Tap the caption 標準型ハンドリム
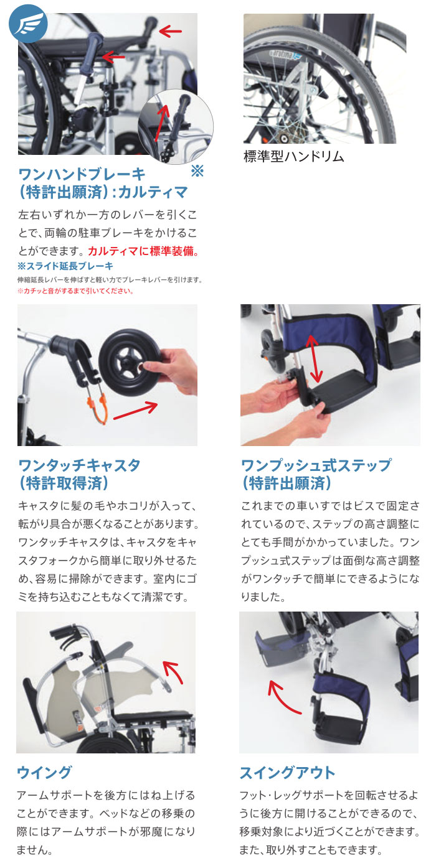pyautogui.click(x=293, y=156)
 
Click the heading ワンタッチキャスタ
pyautogui.click(x=79, y=465)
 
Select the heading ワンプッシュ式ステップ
pyautogui.click(x=316, y=465)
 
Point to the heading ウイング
pyautogui.click(x=44, y=773)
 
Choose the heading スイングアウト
pyautogui.click(x=287, y=773)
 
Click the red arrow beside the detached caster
pyautogui.click(x=136, y=411)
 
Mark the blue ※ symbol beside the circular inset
pyautogui.click(x=197, y=171)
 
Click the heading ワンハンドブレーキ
pyautogui.click(x=82, y=174)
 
